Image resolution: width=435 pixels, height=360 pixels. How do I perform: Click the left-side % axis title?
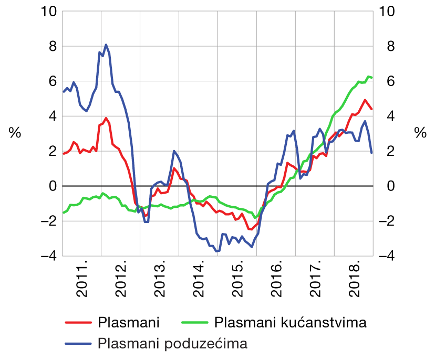15,133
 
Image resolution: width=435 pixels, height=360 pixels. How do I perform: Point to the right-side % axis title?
420,133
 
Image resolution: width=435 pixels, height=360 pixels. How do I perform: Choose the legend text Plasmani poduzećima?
172,343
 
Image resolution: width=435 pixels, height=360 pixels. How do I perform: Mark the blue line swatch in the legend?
77,344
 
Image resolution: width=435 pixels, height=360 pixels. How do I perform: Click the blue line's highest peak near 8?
106,45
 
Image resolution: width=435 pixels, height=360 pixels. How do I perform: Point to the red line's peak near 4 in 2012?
106,118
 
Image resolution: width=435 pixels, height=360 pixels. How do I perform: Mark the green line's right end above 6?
372,78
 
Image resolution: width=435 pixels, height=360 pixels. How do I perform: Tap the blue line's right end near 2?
372,153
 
